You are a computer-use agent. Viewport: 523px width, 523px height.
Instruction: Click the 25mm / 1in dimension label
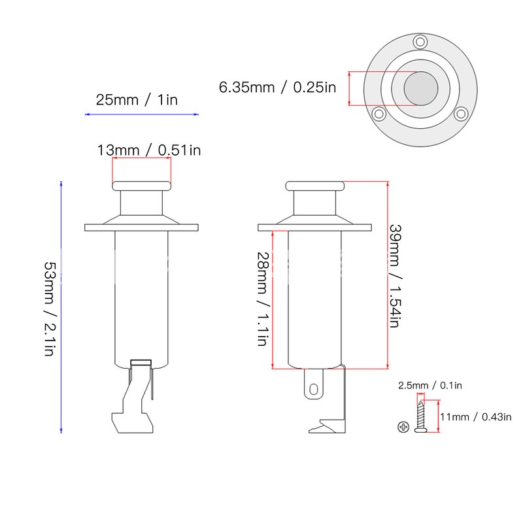click(137, 100)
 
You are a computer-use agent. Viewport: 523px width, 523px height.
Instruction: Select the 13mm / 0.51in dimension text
click(149, 150)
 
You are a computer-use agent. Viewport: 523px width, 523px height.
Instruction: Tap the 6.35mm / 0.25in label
click(278, 88)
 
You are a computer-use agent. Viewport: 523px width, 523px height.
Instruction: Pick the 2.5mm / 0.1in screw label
click(430, 386)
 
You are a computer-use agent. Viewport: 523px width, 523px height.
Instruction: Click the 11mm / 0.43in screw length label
click(475, 416)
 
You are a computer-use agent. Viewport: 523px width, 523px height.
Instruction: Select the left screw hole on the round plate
click(378, 114)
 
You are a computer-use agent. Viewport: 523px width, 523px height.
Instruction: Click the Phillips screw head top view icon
click(403, 428)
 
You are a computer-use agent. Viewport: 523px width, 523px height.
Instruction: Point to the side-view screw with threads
click(420, 416)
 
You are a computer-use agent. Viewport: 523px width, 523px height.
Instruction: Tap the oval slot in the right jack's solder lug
click(314, 388)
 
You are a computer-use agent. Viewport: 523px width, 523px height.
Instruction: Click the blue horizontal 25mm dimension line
click(142, 114)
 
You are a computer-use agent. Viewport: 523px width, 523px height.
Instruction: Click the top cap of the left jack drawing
click(141, 186)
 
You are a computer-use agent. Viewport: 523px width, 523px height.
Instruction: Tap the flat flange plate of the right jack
click(316, 228)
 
